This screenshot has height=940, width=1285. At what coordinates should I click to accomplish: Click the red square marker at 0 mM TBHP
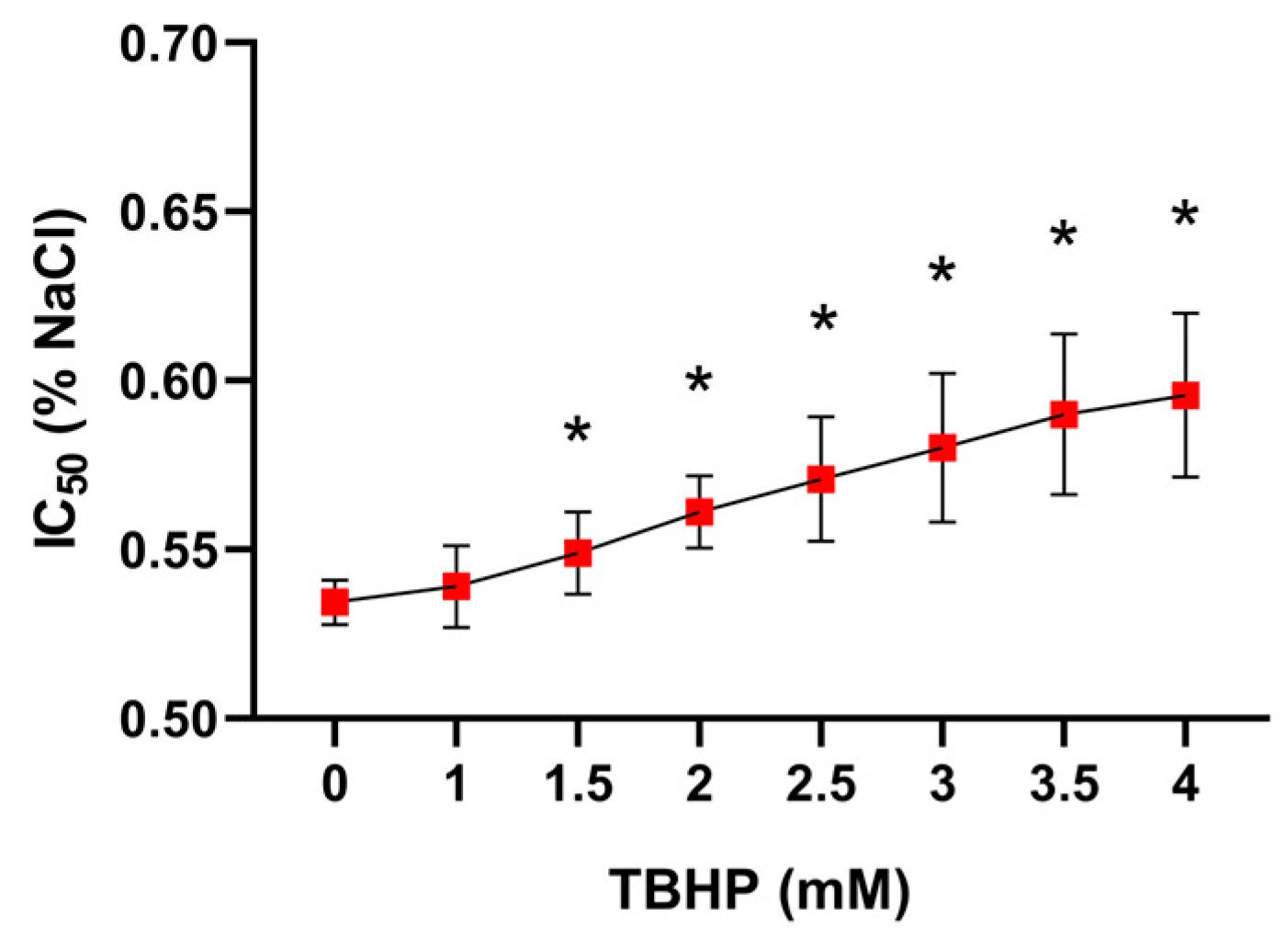(334, 602)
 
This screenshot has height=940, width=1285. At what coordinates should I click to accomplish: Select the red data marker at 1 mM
(457, 586)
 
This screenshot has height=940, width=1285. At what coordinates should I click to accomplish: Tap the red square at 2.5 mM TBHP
(820, 479)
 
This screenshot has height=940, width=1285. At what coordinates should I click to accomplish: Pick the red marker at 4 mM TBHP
(1185, 396)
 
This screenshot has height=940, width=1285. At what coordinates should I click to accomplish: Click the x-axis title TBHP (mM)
(761, 889)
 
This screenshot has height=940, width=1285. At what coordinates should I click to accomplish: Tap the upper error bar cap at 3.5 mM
(1064, 334)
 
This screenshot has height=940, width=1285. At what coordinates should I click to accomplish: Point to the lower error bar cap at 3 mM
(942, 522)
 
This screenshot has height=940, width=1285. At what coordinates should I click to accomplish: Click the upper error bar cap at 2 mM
(699, 476)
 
